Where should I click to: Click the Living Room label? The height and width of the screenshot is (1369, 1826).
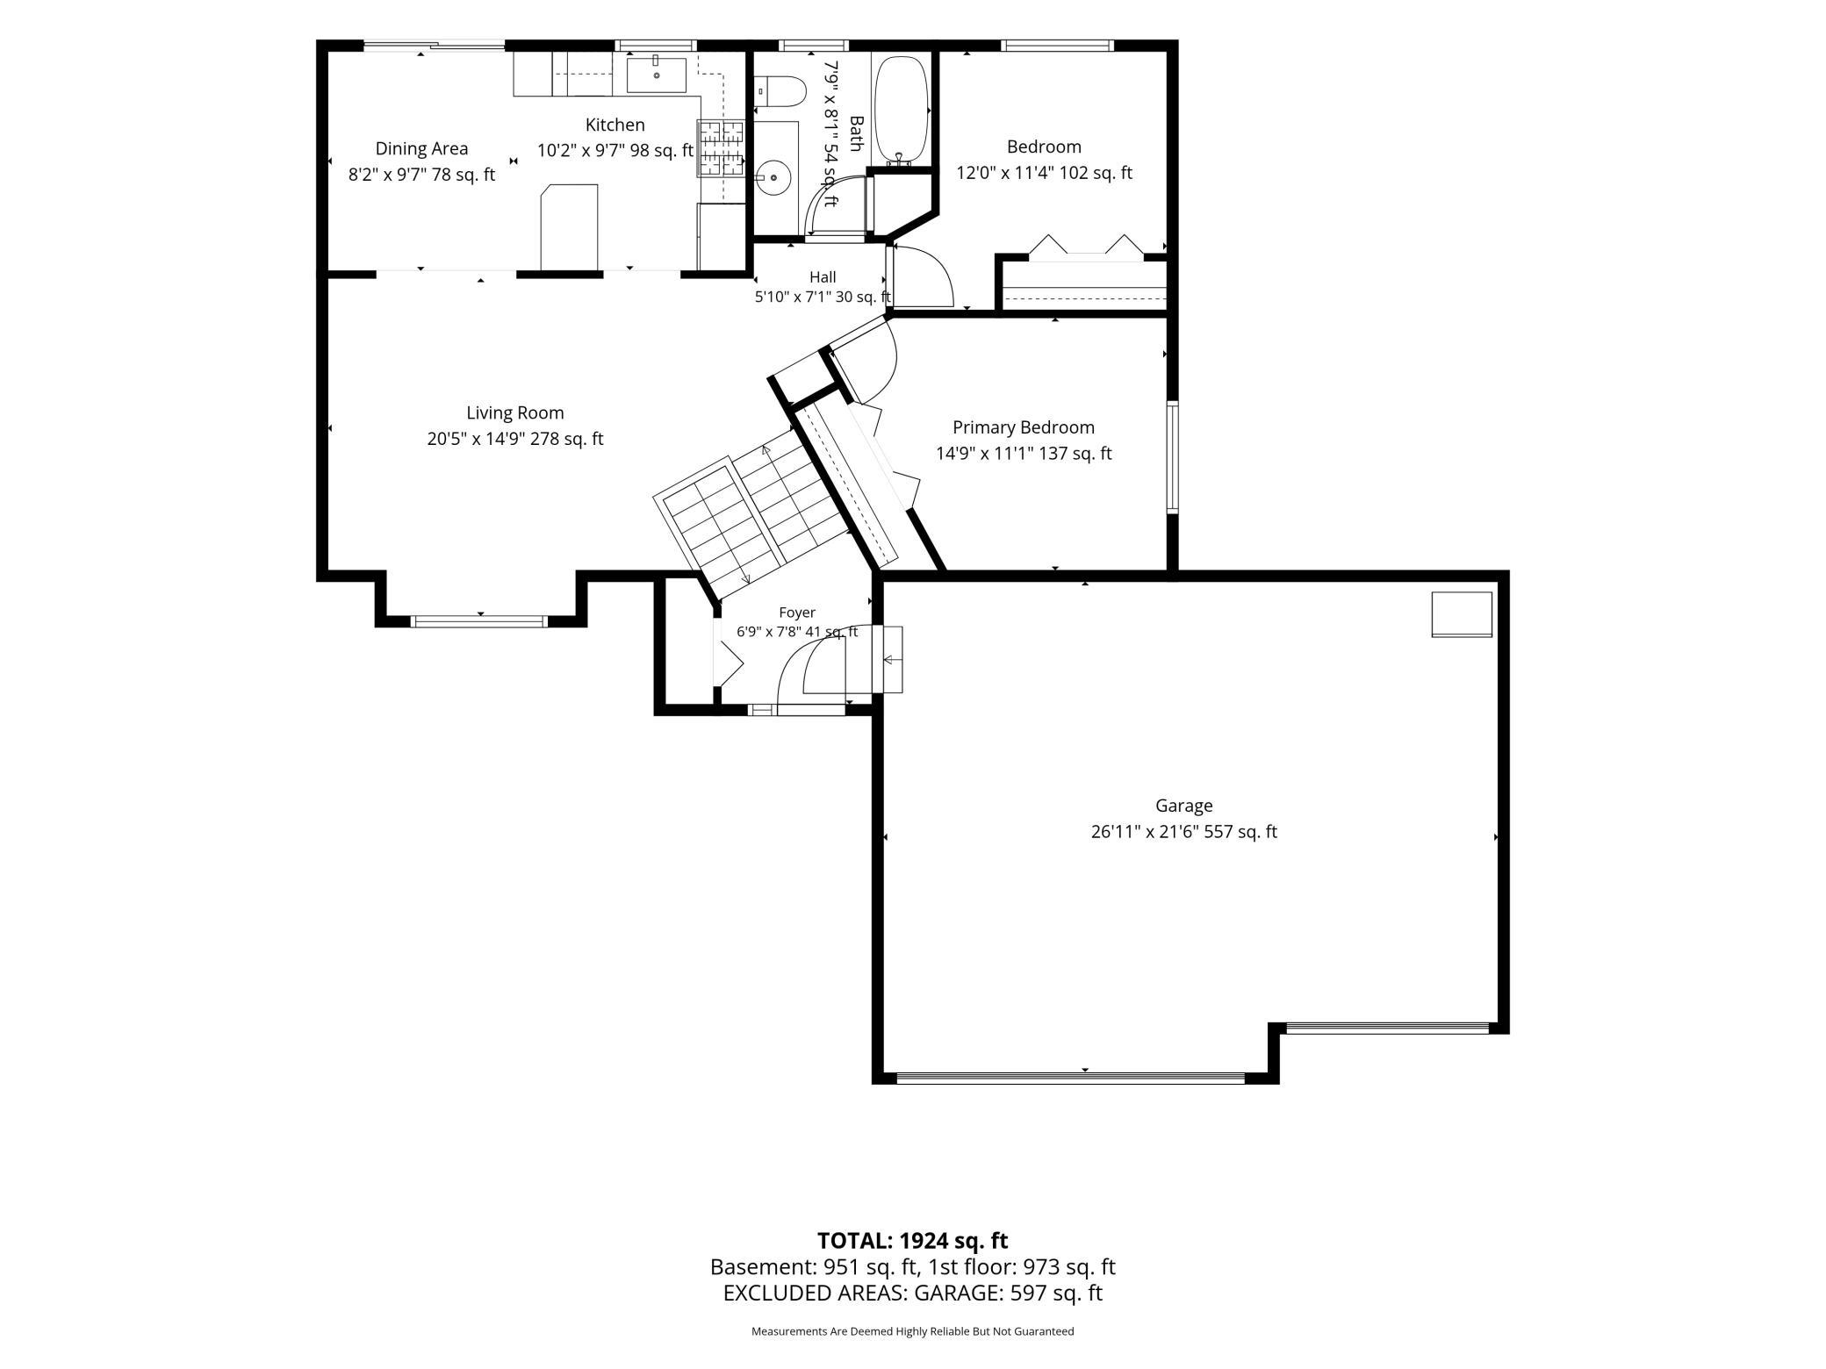coord(515,412)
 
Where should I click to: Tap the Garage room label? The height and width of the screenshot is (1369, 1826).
coord(1183,806)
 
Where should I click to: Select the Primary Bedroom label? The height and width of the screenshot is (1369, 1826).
coord(1024,427)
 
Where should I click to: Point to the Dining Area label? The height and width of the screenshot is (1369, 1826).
coord(421,149)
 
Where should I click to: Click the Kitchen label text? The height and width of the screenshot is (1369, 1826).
coord(615,125)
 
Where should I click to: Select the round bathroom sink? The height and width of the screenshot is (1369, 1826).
coord(774,177)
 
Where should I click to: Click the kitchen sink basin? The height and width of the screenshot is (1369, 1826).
coord(657,74)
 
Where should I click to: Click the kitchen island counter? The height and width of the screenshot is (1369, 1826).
coord(569,226)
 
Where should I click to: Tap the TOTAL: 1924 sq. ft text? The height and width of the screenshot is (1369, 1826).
coord(912,1241)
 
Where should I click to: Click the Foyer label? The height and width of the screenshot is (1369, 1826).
coord(797,613)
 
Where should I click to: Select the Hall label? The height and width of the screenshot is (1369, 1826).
coord(823,277)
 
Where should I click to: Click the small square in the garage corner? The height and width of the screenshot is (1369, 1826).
coord(1462,614)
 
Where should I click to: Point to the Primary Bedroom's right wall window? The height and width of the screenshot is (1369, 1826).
coord(1172,456)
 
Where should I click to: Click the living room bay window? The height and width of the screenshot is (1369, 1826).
coord(479,621)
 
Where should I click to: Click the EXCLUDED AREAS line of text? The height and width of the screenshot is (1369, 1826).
coord(913,1293)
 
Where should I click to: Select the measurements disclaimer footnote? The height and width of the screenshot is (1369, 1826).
coord(913,1331)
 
